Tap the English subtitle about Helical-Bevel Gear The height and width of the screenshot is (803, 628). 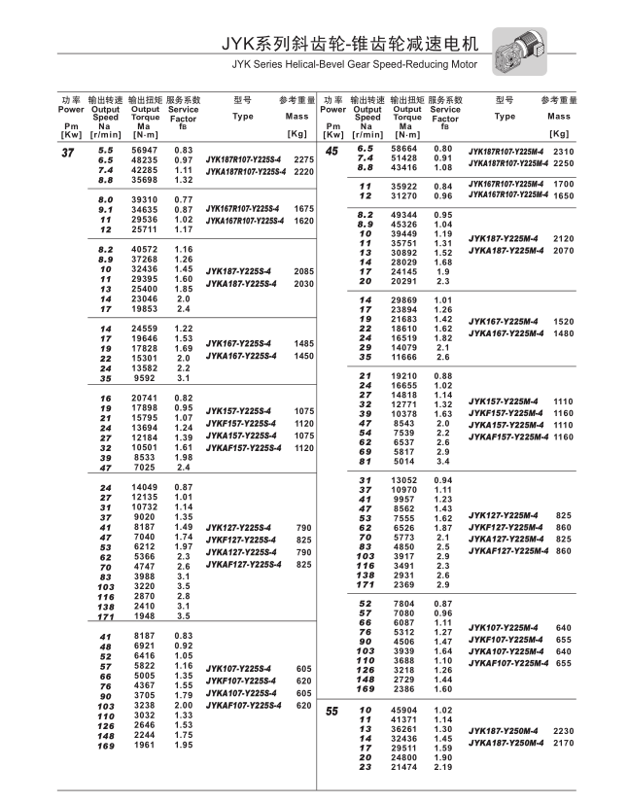(355, 65)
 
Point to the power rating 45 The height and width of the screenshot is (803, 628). (331, 151)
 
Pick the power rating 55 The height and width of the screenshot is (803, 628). (331, 713)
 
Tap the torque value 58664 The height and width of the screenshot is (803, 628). (404, 149)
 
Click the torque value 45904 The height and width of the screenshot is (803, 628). (404, 711)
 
